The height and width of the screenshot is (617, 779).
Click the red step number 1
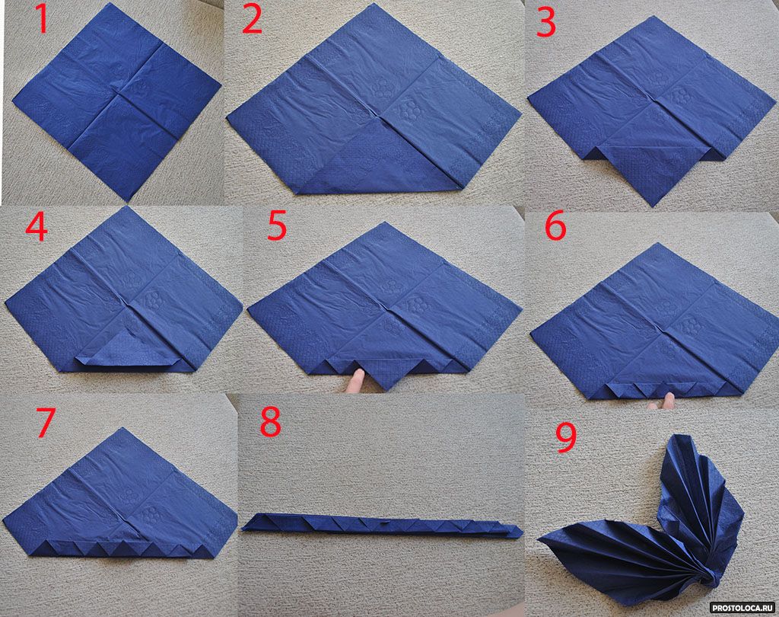[43, 20]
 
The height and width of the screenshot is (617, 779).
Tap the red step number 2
[252, 21]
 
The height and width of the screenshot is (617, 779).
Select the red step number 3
[546, 23]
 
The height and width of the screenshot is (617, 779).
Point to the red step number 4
[37, 228]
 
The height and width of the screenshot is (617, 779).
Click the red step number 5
[277, 225]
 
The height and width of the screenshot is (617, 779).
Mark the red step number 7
[45, 423]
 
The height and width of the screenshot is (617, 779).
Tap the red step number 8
[271, 423]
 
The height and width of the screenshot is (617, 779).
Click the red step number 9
[566, 438]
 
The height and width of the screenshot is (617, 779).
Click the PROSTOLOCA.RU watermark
[742, 608]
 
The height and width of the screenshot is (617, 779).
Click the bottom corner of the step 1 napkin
[128, 200]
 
